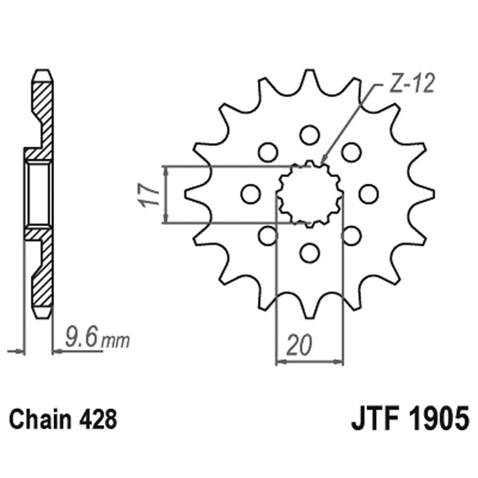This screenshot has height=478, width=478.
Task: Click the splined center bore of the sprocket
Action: point(310,193)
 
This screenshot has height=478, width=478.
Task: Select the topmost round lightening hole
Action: point(310,134)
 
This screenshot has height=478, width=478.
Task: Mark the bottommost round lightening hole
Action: point(310,253)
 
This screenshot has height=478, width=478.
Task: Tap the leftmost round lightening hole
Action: point(250,194)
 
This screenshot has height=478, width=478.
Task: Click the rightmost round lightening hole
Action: point(369,194)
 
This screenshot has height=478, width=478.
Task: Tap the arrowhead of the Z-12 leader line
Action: point(323,162)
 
